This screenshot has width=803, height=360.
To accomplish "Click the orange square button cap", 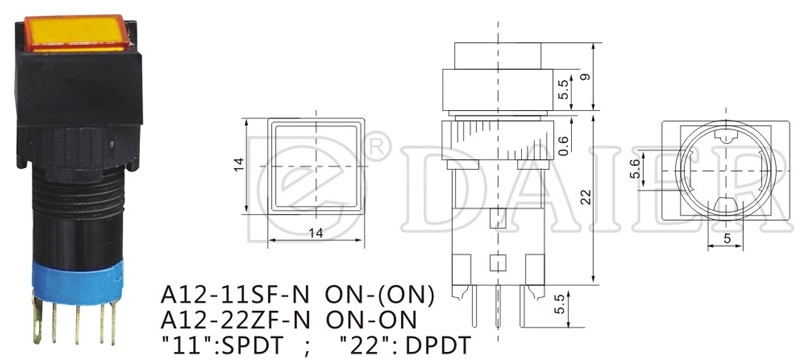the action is click(76, 34).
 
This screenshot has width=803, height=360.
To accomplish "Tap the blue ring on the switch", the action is click(77, 281).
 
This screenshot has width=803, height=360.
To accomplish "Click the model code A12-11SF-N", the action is click(235, 295).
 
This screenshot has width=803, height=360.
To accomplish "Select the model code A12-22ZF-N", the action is click(235, 321).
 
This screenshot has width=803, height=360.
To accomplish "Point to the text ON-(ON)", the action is click(379, 295).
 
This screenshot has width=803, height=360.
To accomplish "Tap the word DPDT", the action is click(437, 346).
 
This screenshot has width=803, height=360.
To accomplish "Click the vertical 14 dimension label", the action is click(239, 164).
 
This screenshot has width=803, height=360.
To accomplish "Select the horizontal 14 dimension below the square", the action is click(316, 233).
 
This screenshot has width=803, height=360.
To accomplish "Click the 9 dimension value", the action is click(586, 77).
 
